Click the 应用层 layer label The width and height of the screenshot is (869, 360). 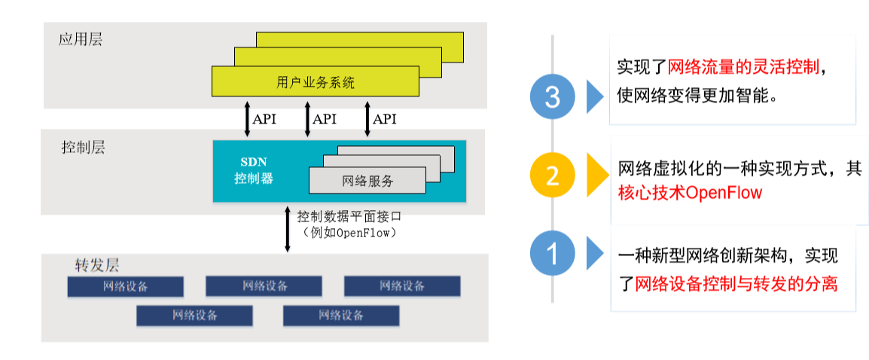coord(81,40)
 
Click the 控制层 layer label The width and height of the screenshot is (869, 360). coord(83,147)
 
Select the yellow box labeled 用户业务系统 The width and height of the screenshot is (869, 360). coord(315,82)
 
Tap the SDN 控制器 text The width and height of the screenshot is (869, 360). coord(253,171)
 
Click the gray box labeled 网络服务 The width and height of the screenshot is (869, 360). coord(367,181)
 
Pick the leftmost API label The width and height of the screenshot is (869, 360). coord(264,119)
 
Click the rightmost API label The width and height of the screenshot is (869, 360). coord(384,119)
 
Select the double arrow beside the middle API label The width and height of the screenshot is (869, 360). coord(307,119)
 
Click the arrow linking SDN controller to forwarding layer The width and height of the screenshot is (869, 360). coord(287,228)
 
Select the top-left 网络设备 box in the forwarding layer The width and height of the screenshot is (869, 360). coord(126,286)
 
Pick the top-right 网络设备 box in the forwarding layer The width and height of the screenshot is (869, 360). coord(402,286)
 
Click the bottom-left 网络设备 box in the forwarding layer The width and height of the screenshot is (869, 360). coord(194,316)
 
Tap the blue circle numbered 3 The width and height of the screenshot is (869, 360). coord(553,97)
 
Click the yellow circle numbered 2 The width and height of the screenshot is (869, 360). coord(553,176)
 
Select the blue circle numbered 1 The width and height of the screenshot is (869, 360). coord(553,255)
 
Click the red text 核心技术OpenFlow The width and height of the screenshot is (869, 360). coord(690,193)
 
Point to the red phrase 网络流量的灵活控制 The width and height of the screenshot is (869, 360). coord(743,67)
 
